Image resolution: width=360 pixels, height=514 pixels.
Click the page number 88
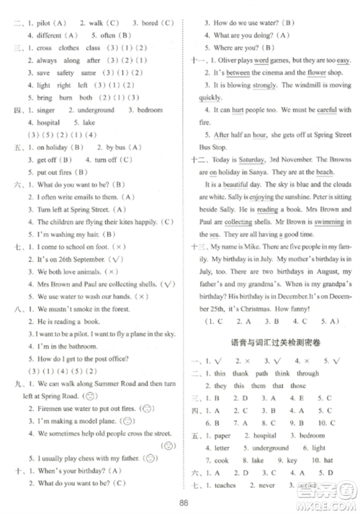pyautogui.click(x=184, y=503)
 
